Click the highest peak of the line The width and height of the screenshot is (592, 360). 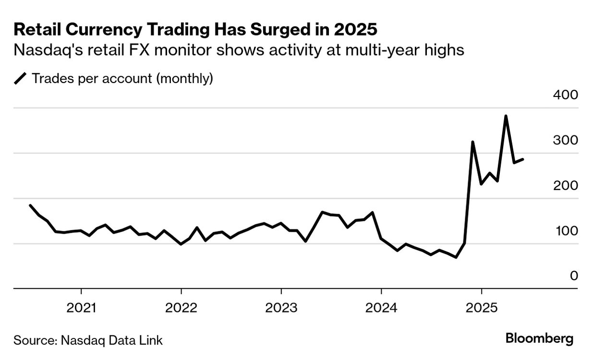click(506, 116)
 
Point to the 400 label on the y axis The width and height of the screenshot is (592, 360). click(566, 95)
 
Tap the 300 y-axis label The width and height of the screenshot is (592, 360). click(566, 141)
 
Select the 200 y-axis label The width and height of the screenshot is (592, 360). click(566, 186)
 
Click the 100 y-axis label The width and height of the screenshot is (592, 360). click(566, 231)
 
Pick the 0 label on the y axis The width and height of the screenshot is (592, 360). click(574, 276)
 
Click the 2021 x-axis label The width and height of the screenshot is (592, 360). click(81, 308)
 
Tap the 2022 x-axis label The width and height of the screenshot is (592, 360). click(181, 308)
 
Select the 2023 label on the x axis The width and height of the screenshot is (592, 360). click(281, 308)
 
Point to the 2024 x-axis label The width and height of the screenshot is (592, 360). click(381, 308)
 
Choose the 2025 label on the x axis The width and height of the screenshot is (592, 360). click(481, 308)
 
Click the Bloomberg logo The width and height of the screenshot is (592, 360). click(539, 338)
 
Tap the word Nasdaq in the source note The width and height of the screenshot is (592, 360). click(78, 341)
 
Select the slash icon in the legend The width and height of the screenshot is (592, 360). click(21, 79)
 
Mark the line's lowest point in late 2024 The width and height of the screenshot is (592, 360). click(456, 257)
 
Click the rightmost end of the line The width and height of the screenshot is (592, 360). click(523, 159)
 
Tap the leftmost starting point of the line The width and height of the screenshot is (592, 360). click(30, 205)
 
